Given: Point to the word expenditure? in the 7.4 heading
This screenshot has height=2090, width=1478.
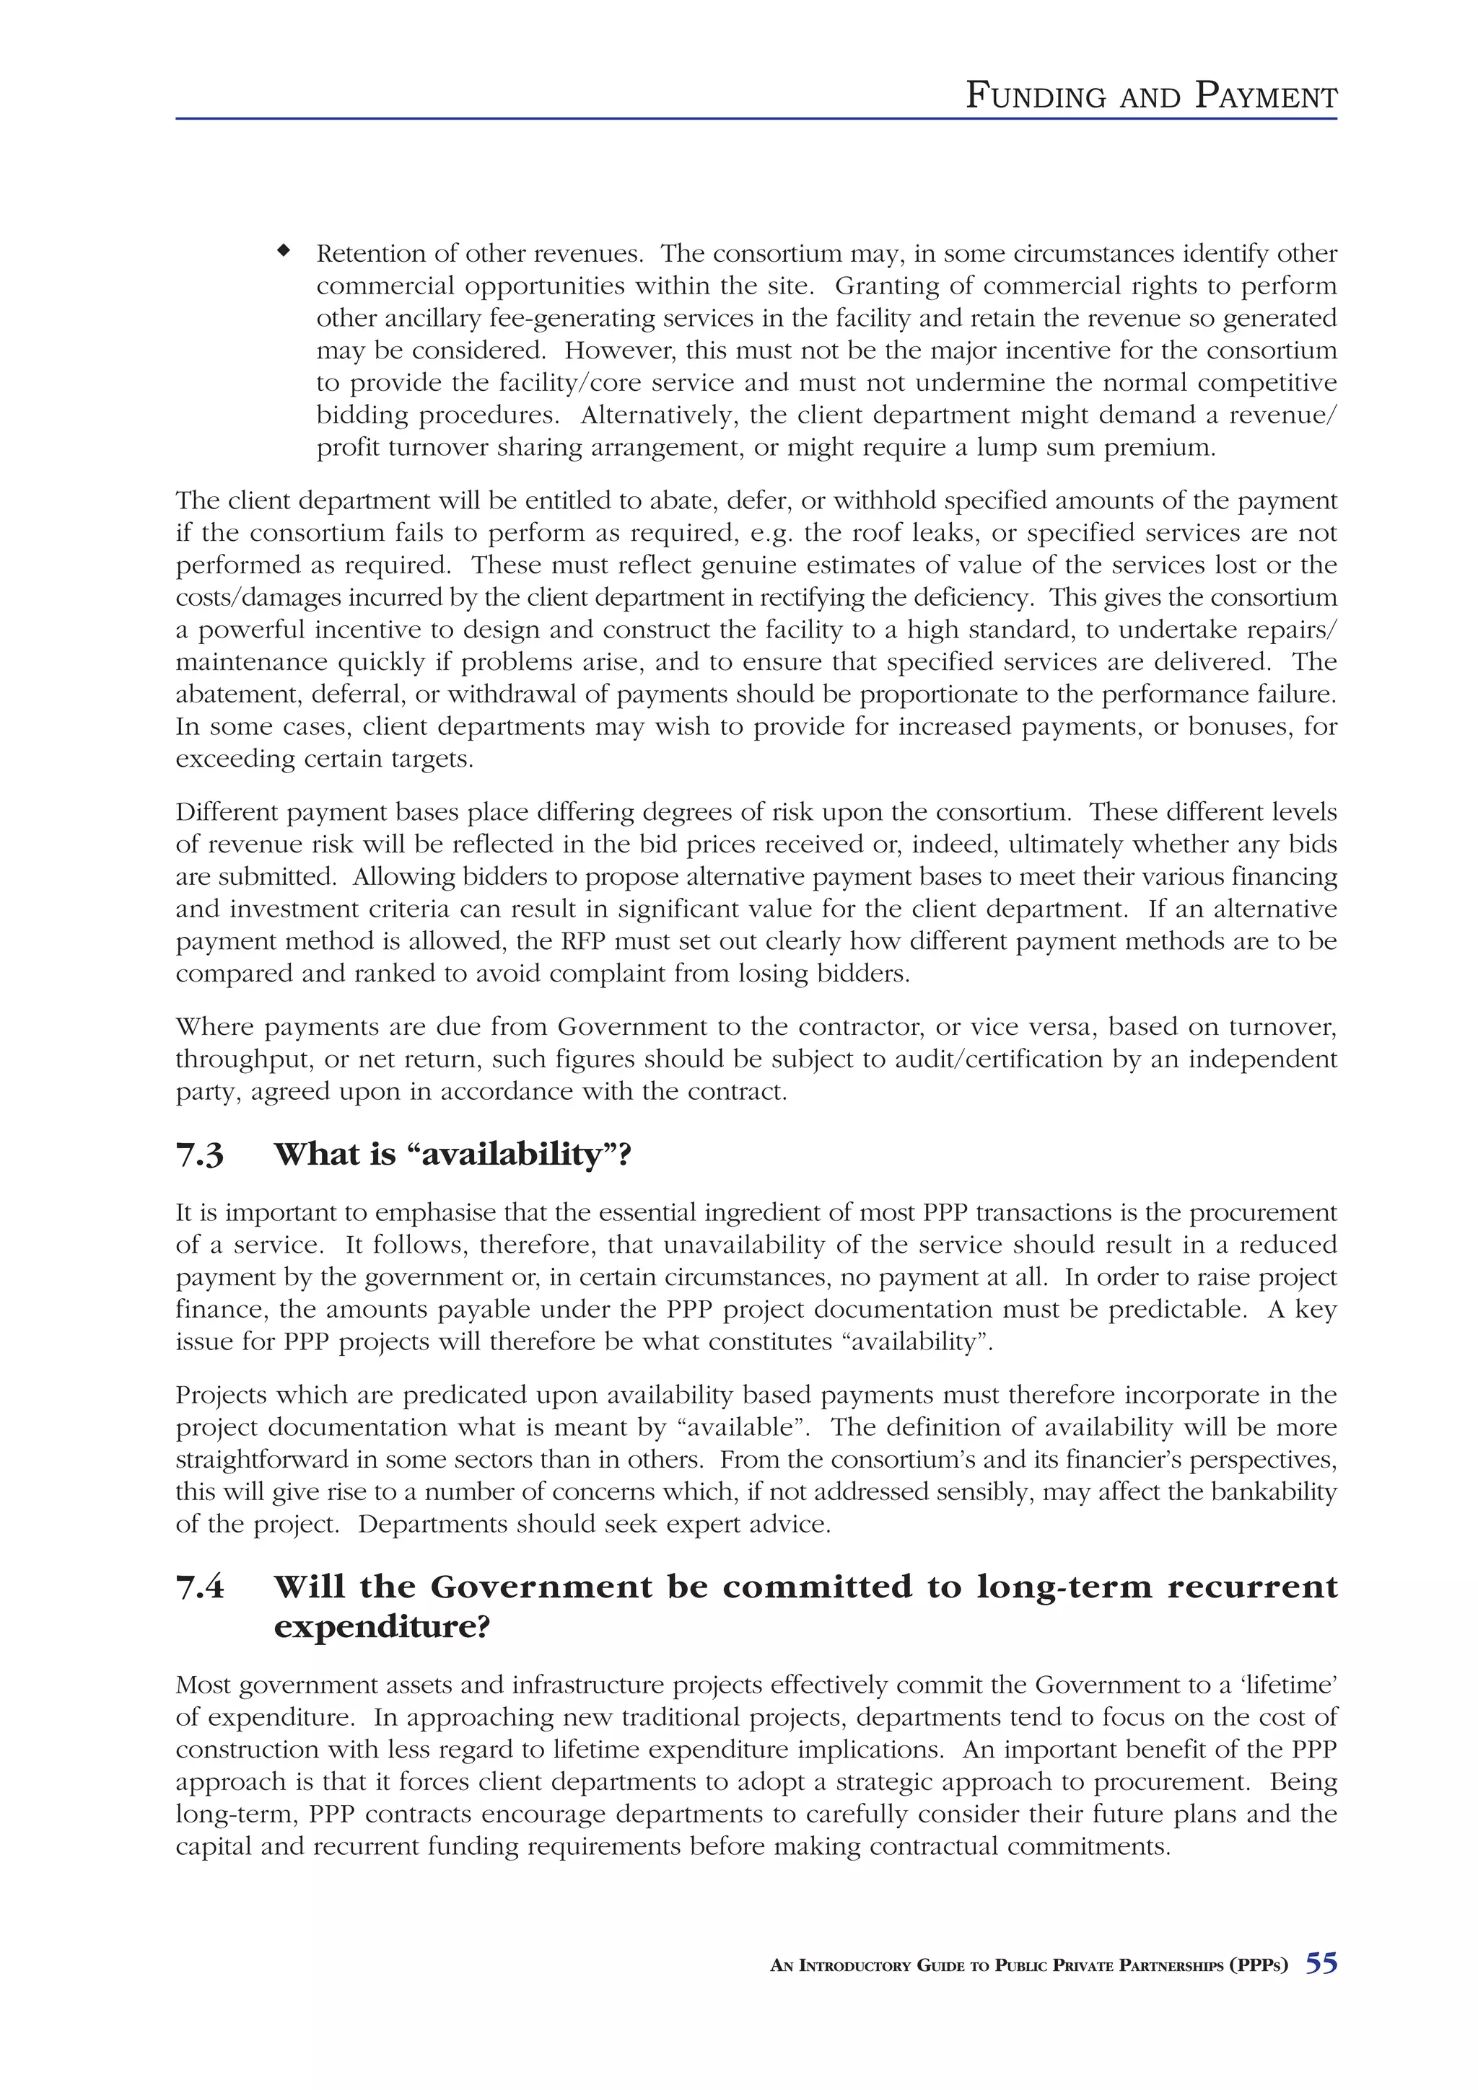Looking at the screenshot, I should [382, 1627].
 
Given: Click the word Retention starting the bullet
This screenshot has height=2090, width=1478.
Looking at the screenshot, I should [372, 253].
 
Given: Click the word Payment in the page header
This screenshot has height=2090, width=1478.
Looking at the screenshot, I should [1266, 96].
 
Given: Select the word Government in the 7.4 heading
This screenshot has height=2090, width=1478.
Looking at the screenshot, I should [540, 1587].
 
